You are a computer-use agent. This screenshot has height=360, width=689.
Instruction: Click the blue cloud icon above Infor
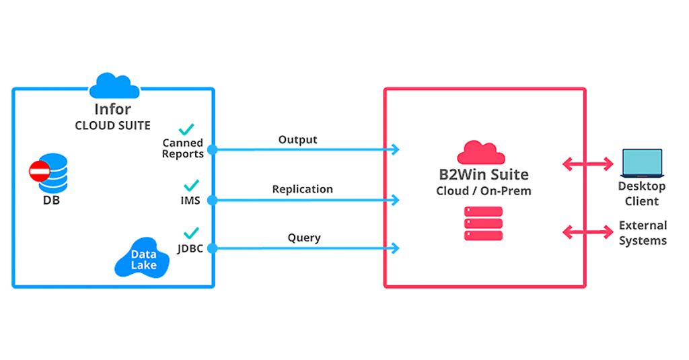pyautogui.click(x=114, y=86)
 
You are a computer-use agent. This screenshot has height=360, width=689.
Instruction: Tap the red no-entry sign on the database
pyautogui.click(x=39, y=172)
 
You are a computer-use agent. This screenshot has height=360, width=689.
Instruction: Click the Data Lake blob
pyautogui.click(x=143, y=260)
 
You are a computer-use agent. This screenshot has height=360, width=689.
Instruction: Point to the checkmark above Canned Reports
pyautogui.click(x=186, y=129)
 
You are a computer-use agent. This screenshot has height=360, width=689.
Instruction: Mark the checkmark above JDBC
pyautogui.click(x=191, y=233)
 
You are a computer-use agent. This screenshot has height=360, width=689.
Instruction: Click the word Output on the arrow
pyautogui.click(x=297, y=140)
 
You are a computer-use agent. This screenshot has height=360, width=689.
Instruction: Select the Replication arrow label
pyautogui.click(x=302, y=189)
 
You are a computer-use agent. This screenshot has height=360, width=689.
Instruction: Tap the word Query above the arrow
pyautogui.click(x=304, y=238)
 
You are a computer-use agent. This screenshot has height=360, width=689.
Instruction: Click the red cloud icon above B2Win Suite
pyautogui.click(x=481, y=153)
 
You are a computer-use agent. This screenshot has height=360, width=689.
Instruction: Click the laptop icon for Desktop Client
pyautogui.click(x=642, y=164)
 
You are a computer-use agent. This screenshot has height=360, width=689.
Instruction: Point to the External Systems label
pyautogui.click(x=643, y=233)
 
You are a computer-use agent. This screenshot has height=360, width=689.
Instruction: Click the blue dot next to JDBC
pyautogui.click(x=213, y=249)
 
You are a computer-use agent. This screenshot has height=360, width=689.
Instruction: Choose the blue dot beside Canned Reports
pyautogui.click(x=213, y=149)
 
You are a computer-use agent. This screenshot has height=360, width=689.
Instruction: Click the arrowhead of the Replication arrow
pyautogui.click(x=395, y=200)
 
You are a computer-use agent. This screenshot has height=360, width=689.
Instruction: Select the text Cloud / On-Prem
pyautogui.click(x=483, y=191)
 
